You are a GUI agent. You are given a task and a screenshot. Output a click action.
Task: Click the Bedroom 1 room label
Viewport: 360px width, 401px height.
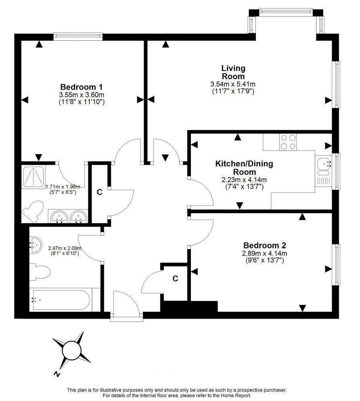pyautogui.click(x=81, y=87)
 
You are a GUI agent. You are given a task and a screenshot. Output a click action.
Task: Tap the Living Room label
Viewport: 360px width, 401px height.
pyautogui.click(x=233, y=72)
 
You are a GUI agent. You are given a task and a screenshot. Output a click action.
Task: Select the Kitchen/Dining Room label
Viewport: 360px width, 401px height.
pyautogui.click(x=244, y=168)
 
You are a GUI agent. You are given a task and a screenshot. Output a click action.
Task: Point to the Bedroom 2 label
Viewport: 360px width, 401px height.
pyautogui.click(x=264, y=245)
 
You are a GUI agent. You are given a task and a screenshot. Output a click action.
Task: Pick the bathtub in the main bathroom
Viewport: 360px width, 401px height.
pyautogui.click(x=65, y=300)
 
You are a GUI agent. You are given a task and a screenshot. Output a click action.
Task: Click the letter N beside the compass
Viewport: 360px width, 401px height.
pyautogui.click(x=57, y=374)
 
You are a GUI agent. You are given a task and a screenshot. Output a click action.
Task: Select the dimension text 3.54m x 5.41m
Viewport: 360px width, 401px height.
pyautogui.click(x=233, y=84)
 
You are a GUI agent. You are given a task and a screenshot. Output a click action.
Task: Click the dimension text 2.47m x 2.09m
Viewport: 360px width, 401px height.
pyautogui.click(x=65, y=248)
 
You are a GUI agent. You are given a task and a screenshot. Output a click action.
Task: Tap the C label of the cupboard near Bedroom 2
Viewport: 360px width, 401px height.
pyautogui.click(x=175, y=278)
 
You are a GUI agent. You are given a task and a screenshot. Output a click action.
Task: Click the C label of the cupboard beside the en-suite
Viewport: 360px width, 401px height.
pyautogui.click(x=99, y=192)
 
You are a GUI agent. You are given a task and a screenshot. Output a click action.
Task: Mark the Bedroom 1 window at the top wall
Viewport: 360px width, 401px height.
pyautogui.click(x=78, y=36)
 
